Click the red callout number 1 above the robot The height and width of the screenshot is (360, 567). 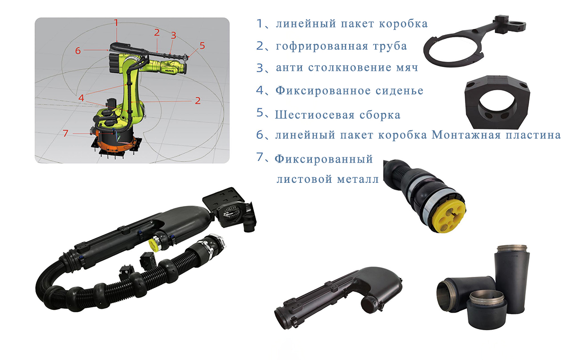tap(116, 23)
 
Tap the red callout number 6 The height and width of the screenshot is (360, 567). tap(78, 51)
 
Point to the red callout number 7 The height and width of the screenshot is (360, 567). tap(66, 133)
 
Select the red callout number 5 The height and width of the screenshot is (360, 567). tap(202, 45)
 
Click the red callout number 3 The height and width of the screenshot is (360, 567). tap(173, 35)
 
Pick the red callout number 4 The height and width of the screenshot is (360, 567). tap(81, 98)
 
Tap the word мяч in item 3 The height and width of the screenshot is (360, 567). tap(407, 68)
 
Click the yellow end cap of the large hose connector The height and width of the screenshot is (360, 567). tap(451, 217)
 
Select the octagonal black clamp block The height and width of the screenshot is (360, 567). tap(497, 102)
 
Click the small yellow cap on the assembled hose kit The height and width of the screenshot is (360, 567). tap(154, 244)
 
